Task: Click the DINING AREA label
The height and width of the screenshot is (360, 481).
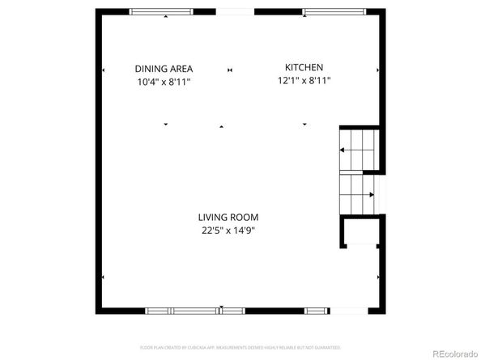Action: coord(164,69)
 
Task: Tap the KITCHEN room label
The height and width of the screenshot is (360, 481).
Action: coord(304,67)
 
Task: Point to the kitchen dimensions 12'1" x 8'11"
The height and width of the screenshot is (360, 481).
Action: coord(304,80)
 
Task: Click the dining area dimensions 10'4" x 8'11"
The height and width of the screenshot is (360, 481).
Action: coord(164,82)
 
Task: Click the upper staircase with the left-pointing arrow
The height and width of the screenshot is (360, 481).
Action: coord(357,150)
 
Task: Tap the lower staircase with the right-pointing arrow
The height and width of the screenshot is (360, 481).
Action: coord(357,194)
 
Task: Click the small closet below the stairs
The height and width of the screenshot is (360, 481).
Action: coord(360,232)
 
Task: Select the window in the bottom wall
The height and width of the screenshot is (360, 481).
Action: coord(194,310)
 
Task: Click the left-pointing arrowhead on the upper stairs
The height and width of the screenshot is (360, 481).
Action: coord(343,150)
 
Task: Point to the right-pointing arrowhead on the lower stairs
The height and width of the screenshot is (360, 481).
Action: coord(371,194)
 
